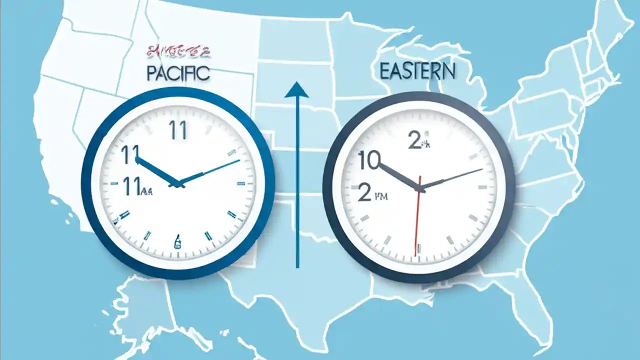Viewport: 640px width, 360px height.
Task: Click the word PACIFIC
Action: [x=178, y=73]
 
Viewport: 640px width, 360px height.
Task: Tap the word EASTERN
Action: [x=417, y=71]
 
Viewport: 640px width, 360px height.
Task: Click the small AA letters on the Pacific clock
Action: [x=146, y=190]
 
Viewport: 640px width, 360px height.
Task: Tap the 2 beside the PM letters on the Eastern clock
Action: [x=365, y=192]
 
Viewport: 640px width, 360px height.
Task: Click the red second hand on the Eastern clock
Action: [x=417, y=220]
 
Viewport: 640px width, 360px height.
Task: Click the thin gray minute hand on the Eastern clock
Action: [x=452, y=178]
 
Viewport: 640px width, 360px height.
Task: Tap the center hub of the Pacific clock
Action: [x=177, y=184]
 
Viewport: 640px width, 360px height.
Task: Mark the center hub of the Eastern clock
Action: [x=421, y=188]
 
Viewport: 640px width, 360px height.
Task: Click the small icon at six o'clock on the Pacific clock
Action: [x=177, y=242]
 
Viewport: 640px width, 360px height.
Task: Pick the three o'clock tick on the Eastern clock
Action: [x=482, y=187]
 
